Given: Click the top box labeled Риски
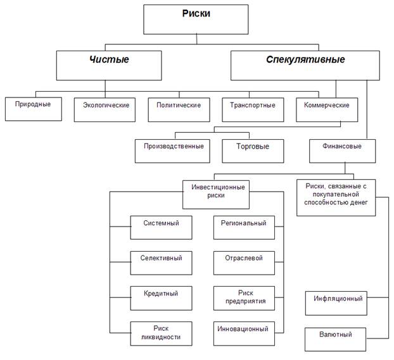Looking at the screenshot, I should pos(196,20).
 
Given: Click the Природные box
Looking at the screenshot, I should pos(33,108).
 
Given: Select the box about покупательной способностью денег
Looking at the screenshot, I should pos(336,197).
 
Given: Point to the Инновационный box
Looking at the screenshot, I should pos(244,332).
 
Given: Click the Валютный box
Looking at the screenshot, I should pos(336,338).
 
